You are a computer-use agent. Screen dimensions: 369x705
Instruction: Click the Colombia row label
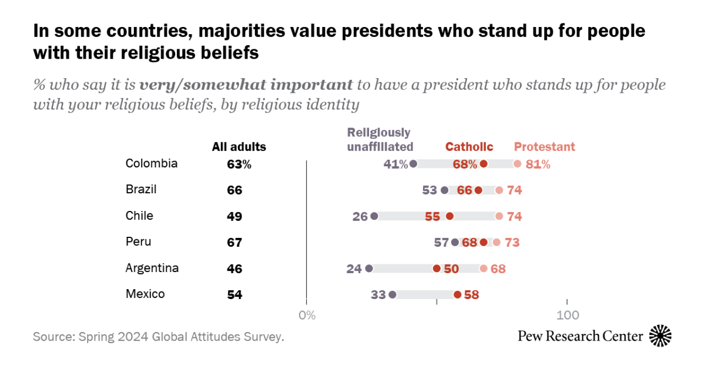pos(152,163)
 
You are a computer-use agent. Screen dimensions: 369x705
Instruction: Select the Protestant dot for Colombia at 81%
pos(517,164)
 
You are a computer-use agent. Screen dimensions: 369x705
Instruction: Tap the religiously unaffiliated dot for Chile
pos(374,216)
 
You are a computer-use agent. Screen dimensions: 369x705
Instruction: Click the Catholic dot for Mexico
pos(458,294)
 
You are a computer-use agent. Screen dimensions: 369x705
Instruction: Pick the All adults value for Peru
pos(234,242)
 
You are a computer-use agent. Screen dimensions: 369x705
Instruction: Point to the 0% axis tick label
pos(307,316)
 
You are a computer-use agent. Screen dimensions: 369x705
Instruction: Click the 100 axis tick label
pos(568,316)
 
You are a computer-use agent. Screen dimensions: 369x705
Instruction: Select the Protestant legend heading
pos(545,147)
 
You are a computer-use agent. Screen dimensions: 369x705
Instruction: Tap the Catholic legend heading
pos(469,147)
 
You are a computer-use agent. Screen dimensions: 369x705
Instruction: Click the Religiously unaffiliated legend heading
pos(380,139)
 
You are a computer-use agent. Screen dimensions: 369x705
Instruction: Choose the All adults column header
pos(239,147)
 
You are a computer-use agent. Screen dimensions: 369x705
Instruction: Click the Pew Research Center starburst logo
pos(660,336)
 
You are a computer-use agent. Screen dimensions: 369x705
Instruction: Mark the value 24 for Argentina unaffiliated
pos(354,269)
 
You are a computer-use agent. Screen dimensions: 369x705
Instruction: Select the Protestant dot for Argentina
pos(484,269)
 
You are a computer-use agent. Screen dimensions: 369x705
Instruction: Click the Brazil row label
pos(141,189)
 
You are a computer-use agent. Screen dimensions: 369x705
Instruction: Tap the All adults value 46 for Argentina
pos(234,269)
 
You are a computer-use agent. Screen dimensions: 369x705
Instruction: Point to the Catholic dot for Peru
pos(484,242)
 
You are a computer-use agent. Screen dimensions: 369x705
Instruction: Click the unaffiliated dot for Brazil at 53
pos(445,190)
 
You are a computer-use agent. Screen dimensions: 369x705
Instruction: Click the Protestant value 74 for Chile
pos(514,216)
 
